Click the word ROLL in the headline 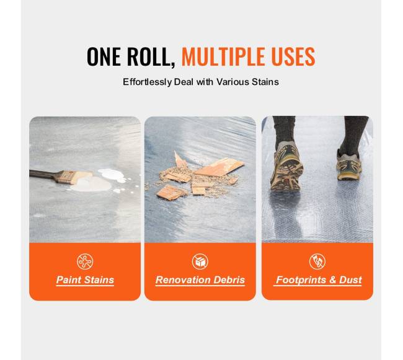(151, 57)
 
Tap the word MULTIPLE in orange (224, 56)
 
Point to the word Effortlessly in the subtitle (147, 82)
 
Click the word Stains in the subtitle (265, 82)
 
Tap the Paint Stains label (85, 279)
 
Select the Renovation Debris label (200, 279)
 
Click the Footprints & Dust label (319, 279)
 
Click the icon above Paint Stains (85, 261)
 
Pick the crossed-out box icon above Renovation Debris (200, 261)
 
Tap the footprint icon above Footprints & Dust (317, 261)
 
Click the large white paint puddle (91, 185)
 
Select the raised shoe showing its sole (286, 167)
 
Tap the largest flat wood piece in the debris (218, 167)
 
